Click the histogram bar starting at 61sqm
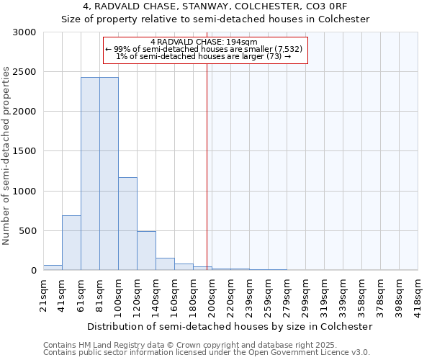pyautogui.click(x=90, y=174)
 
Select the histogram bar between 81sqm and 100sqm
pyautogui.click(x=109, y=174)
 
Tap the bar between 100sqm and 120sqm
pyautogui.click(x=127, y=223)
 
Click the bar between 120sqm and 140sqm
pyautogui.click(x=146, y=251)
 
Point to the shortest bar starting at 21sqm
pyautogui.click(x=53, y=268)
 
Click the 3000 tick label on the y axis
pyautogui.click(x=24, y=32)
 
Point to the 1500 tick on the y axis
pyautogui.click(x=24, y=151)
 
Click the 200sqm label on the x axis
pyautogui.click(x=212, y=294)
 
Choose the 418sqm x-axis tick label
pyautogui.click(x=418, y=294)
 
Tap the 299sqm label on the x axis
pyautogui.click(x=305, y=294)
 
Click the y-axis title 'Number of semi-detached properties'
pyautogui.click(x=7, y=156)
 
